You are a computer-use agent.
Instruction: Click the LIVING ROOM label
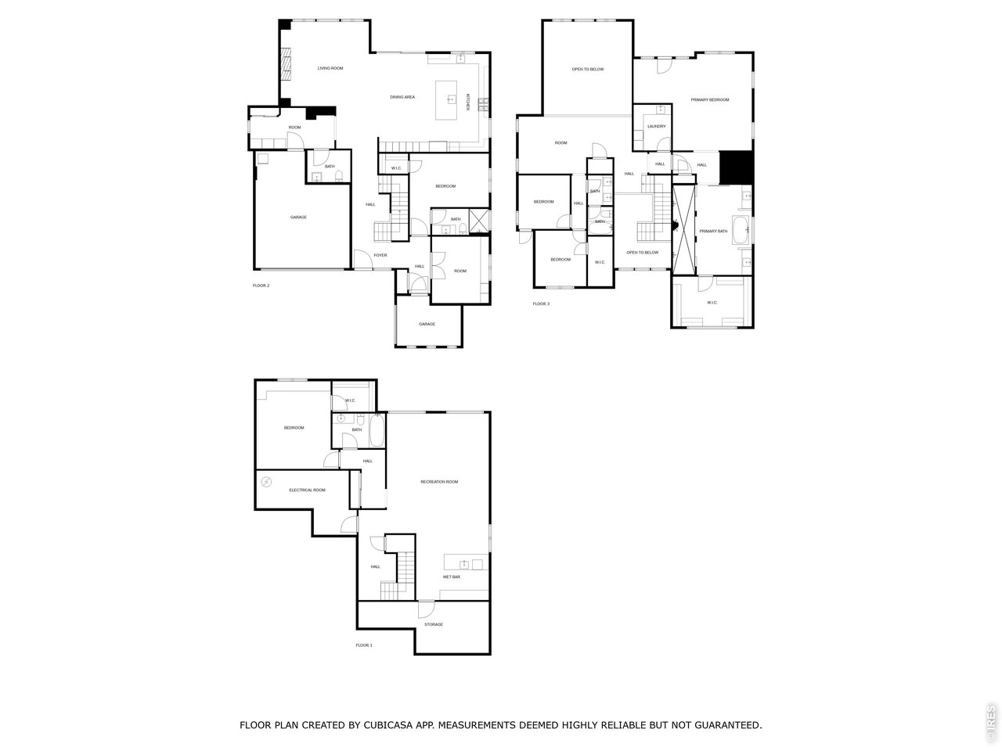click(x=330, y=69)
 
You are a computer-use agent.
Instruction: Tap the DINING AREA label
click(x=402, y=97)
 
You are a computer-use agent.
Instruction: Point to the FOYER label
click(x=380, y=255)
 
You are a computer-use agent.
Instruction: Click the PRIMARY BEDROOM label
click(x=710, y=100)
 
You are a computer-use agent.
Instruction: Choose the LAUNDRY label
click(x=657, y=126)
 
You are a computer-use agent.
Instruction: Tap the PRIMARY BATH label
click(x=713, y=232)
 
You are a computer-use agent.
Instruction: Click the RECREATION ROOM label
click(x=439, y=482)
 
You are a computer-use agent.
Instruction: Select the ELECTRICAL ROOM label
click(x=307, y=490)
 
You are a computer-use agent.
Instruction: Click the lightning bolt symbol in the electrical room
click(x=266, y=481)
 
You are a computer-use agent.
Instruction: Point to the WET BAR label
click(x=452, y=577)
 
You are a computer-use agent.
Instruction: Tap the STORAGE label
click(x=434, y=624)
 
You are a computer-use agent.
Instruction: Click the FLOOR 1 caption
click(x=364, y=645)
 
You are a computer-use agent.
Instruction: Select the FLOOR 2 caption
click(x=261, y=286)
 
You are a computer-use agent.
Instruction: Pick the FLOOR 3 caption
click(x=541, y=304)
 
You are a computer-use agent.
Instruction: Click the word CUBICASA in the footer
click(x=391, y=725)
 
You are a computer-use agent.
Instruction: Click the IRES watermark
click(x=991, y=724)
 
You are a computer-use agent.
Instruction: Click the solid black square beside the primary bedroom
click(x=735, y=165)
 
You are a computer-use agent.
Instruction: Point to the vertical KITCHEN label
click(x=467, y=102)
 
